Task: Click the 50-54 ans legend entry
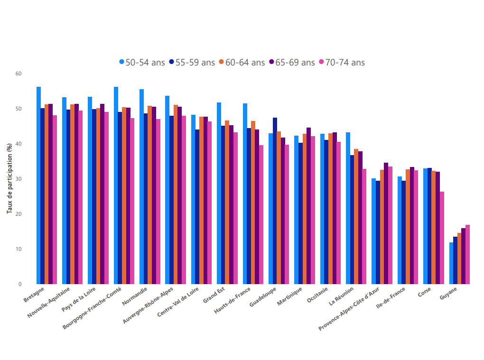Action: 142,62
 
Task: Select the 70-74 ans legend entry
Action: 342,62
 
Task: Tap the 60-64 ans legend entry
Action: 242,62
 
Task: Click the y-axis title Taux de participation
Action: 9,179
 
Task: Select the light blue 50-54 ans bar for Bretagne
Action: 38,185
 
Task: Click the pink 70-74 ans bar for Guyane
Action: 467,255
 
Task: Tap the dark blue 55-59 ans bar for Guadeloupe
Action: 275,201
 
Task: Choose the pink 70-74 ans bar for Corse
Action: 442,238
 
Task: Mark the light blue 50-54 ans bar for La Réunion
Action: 348,208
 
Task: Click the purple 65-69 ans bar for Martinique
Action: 308,206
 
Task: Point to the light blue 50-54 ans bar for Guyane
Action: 451,263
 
